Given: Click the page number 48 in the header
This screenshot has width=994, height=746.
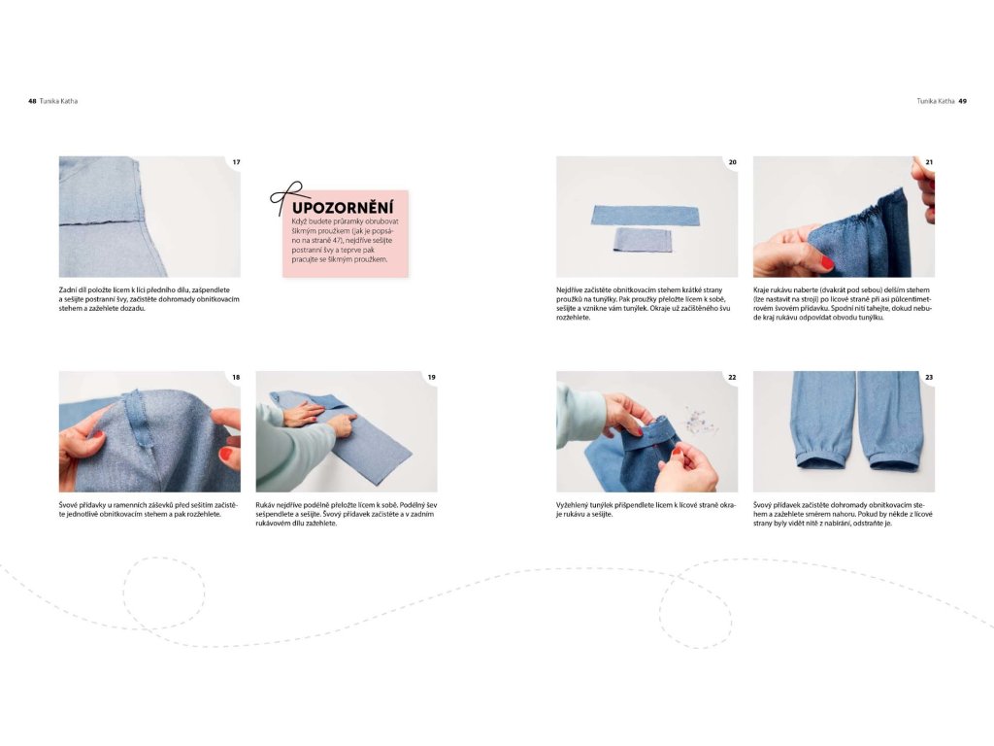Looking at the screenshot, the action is click(32, 101).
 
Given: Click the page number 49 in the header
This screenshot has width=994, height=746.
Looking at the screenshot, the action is click(962, 101).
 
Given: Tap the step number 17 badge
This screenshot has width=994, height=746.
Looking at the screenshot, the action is click(236, 162).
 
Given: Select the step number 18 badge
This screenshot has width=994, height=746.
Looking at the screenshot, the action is click(236, 378).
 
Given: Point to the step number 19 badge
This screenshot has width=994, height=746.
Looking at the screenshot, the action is click(432, 378).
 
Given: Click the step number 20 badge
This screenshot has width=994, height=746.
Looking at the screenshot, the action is click(732, 162).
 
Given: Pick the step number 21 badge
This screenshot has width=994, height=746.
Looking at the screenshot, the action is click(929, 162).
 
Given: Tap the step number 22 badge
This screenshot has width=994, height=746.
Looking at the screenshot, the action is click(732, 378).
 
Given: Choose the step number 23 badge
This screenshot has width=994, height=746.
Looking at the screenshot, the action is click(929, 378).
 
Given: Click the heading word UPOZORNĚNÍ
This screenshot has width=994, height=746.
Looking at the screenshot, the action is click(343, 208).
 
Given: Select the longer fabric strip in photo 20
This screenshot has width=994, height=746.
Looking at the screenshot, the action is click(646, 216).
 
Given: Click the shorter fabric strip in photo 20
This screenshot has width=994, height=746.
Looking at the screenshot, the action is click(643, 241).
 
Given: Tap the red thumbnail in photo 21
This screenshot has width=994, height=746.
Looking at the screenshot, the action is click(827, 261).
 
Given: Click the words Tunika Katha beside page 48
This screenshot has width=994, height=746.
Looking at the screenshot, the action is click(58, 101).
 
